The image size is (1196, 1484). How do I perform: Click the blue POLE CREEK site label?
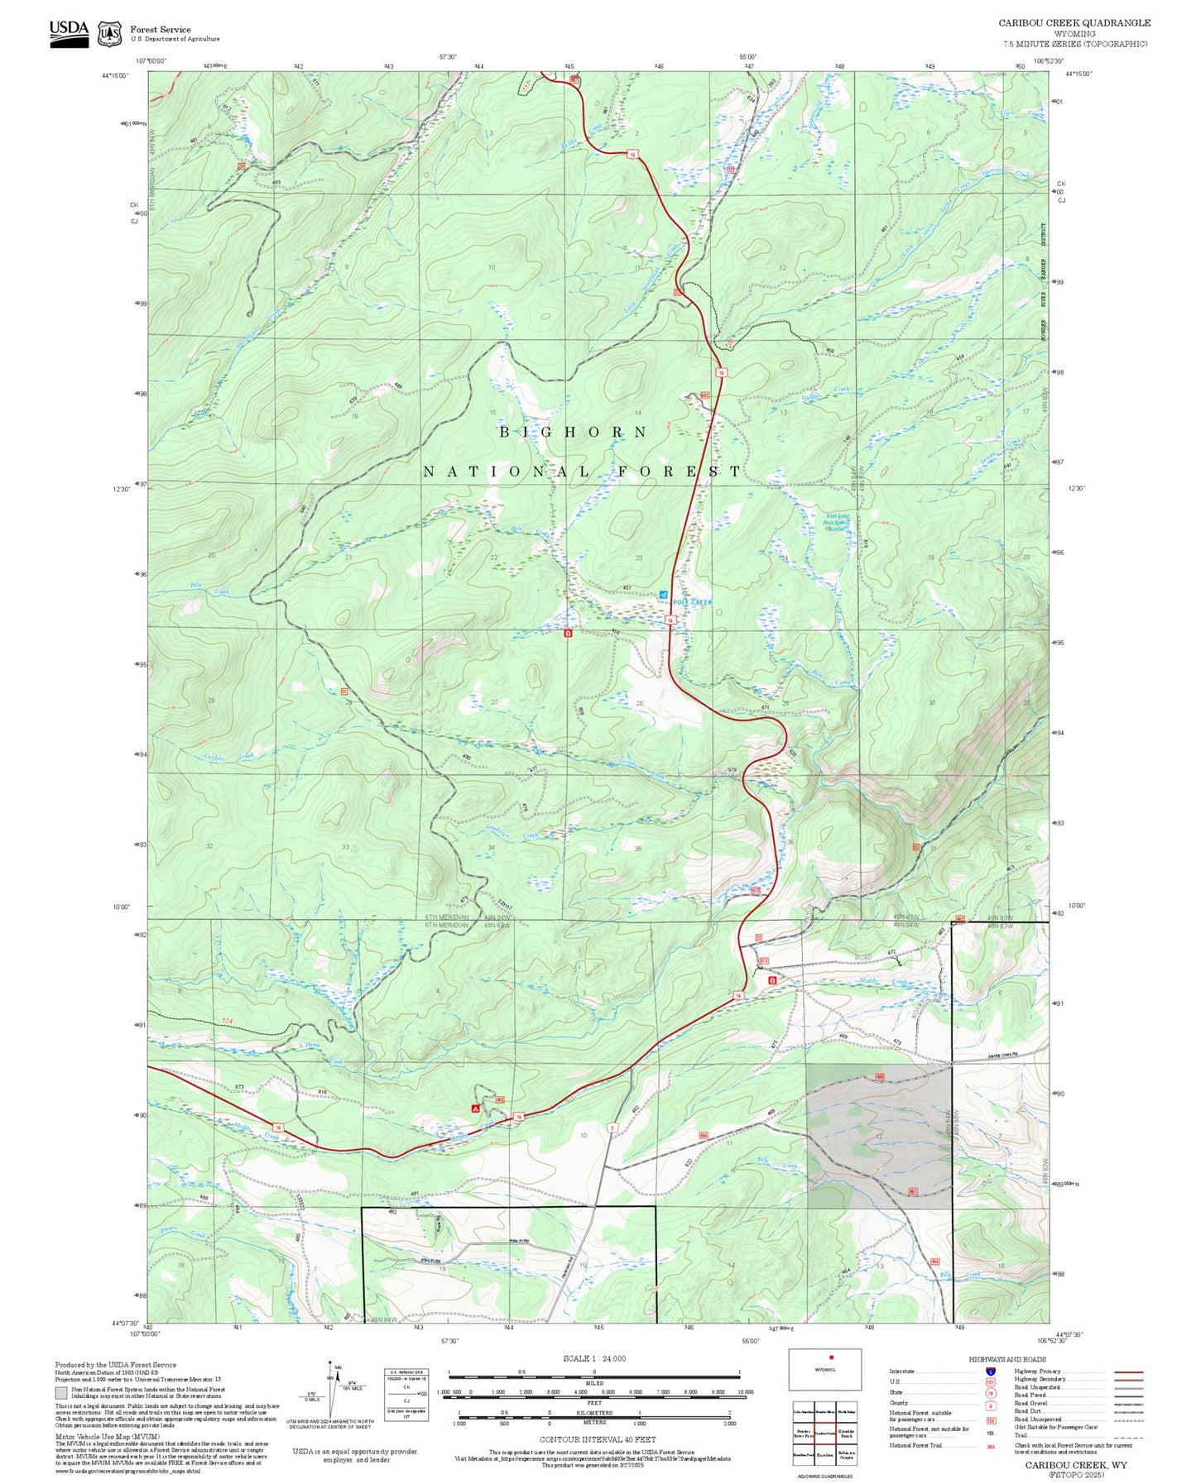[693, 602]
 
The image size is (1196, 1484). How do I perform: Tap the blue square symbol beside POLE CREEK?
[663, 595]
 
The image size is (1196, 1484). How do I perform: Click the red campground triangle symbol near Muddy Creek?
[475, 1108]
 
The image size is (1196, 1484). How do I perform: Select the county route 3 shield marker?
[612, 1127]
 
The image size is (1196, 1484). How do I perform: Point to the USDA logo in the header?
[69, 32]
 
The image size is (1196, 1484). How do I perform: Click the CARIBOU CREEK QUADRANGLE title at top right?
[1074, 22]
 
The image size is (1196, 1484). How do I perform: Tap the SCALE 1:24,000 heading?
[593, 1358]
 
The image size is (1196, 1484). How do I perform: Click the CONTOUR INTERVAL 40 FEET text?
[593, 1439]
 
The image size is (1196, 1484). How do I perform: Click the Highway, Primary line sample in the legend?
[1128, 1372]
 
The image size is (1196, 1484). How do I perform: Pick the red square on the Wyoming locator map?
[831, 1357]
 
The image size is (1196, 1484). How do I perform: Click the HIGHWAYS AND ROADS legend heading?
[1007, 1359]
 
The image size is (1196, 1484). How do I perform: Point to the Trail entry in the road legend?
[1021, 1435]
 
